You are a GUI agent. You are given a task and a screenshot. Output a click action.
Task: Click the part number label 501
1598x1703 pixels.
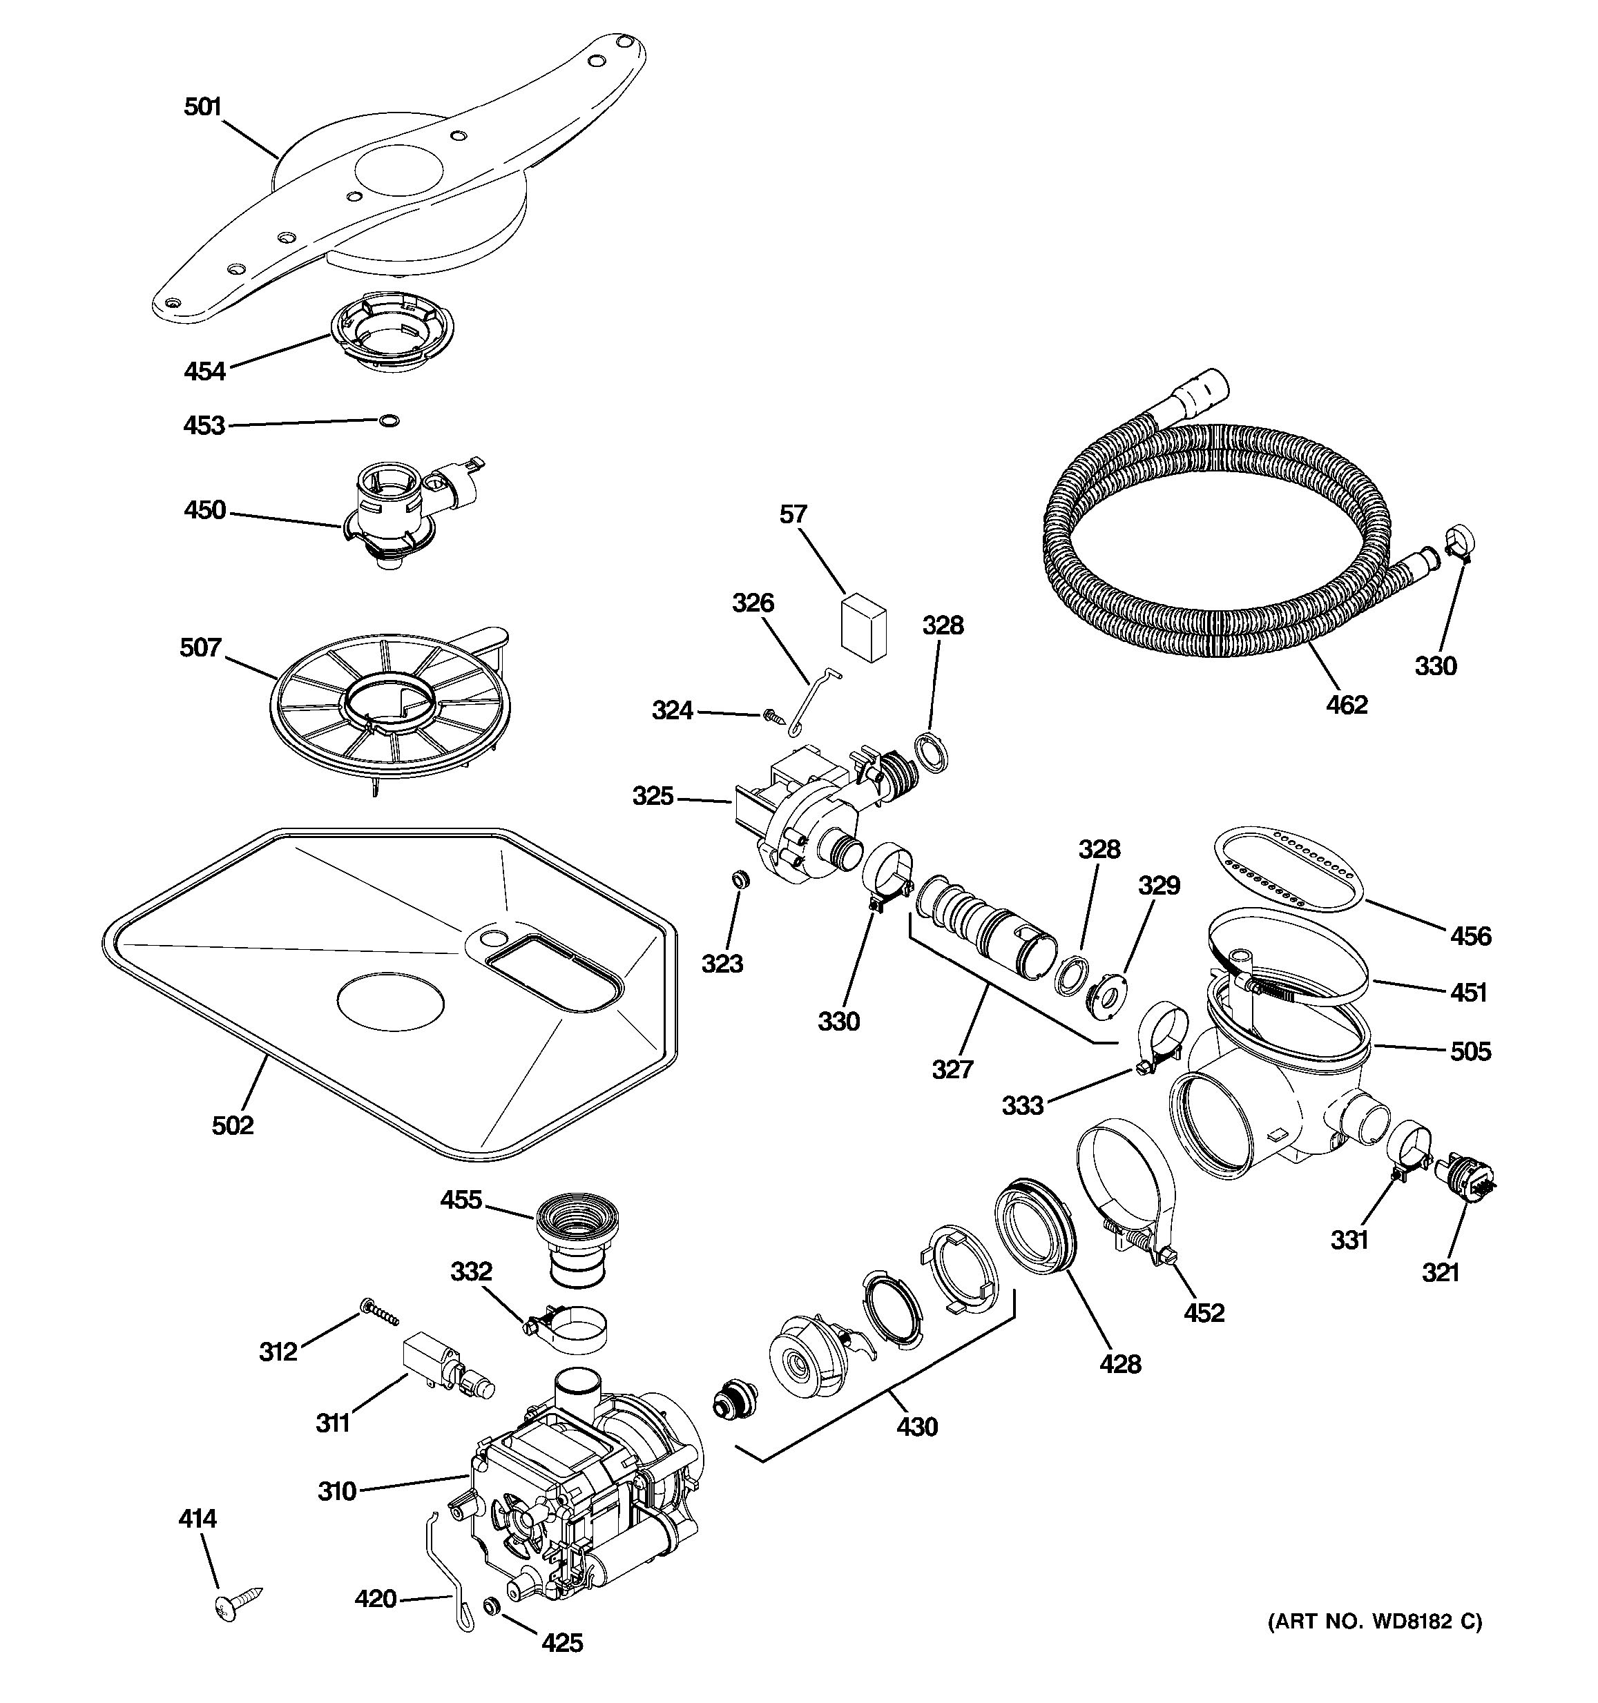(x=202, y=107)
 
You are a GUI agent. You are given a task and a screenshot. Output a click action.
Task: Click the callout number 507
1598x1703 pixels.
(x=200, y=648)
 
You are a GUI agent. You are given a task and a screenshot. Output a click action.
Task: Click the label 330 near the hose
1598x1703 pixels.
(x=1435, y=665)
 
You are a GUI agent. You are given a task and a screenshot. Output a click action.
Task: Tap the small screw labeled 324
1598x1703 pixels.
(x=773, y=715)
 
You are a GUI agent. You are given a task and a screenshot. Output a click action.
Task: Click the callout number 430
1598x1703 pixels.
(x=917, y=1426)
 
